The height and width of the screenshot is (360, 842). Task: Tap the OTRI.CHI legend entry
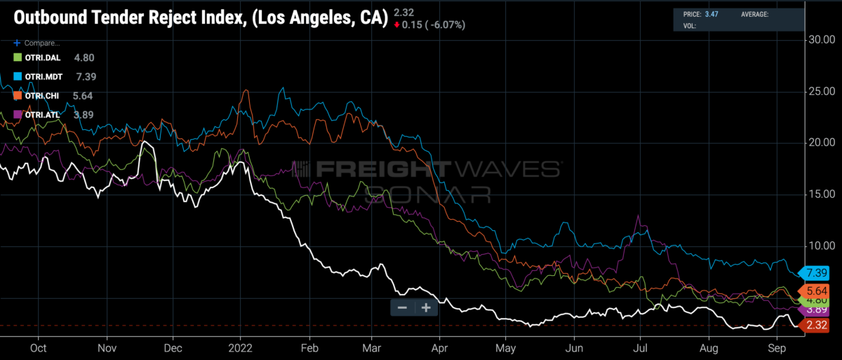point(36,95)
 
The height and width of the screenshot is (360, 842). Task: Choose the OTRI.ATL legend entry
point(36,114)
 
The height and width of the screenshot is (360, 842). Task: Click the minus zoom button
point(403,307)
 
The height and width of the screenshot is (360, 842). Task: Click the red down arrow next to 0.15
point(397,25)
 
